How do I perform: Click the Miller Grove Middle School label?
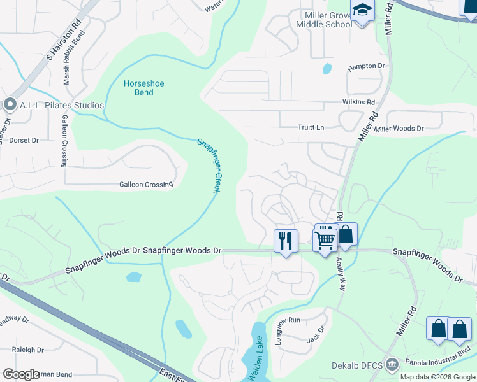pyautogui.click(x=323, y=19)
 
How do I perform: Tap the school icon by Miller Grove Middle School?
pyautogui.click(x=362, y=11)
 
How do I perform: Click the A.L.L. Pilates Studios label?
pyautogui.click(x=62, y=105)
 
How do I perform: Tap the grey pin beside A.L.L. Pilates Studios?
pyautogui.click(x=10, y=104)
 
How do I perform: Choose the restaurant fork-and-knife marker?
pyautogui.click(x=286, y=241)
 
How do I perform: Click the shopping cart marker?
pyautogui.click(x=325, y=240)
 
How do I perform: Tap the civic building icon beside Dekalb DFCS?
pyautogui.click(x=392, y=364)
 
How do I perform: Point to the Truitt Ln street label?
pyautogui.click(x=311, y=127)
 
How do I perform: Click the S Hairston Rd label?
pyautogui.click(x=63, y=40)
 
